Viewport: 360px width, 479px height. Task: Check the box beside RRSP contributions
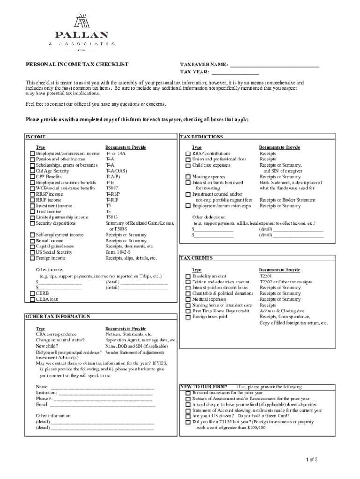click(x=188, y=154)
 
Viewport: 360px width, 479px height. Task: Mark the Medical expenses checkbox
click(x=188, y=299)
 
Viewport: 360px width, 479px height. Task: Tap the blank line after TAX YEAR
click(x=235, y=73)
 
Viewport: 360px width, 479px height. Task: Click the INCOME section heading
click(x=36, y=137)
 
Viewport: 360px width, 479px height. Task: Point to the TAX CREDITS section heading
click(x=196, y=258)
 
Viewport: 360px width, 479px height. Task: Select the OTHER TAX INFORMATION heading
click(x=58, y=317)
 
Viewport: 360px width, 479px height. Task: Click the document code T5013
click(x=112, y=217)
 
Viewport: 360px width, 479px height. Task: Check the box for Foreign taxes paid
click(x=188, y=317)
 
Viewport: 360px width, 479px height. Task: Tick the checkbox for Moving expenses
click(x=188, y=177)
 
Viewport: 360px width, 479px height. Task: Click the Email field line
click(x=103, y=405)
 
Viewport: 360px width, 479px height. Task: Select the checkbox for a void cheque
click(x=188, y=405)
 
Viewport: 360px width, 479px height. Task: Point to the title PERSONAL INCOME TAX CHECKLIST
click(x=77, y=65)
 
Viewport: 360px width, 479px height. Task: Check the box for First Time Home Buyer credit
click(x=188, y=311)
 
